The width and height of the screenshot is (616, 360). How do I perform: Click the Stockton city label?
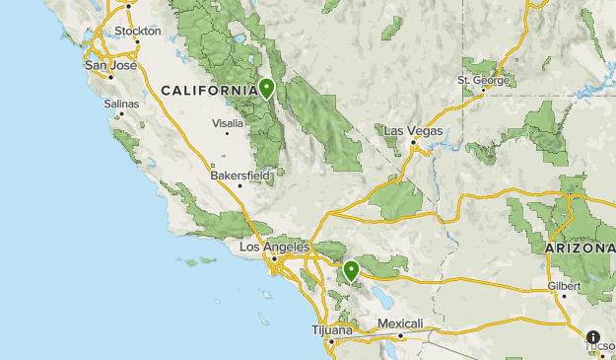pos(137,32)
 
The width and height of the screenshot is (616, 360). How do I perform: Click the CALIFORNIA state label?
pos(208,91)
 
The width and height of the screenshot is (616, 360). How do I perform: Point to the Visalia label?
pos(228,123)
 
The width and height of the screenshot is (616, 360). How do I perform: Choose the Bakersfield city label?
pos(240,176)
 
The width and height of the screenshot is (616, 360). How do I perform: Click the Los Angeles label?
pos(275,247)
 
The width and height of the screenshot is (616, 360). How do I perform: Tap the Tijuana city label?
pos(331,329)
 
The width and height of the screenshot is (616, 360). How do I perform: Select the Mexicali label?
pos(401,324)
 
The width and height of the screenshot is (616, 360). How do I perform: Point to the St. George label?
pos(482,80)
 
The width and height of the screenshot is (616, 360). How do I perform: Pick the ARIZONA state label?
pos(579,249)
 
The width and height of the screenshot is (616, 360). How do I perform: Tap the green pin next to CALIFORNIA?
pos(267,89)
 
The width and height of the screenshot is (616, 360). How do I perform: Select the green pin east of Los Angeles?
pos(351,269)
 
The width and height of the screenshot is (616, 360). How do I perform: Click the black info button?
pos(593,337)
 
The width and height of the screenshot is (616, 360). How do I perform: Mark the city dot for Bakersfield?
pos(239,185)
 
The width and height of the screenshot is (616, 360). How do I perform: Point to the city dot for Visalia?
pos(228,133)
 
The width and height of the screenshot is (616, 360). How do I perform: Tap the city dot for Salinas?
pos(121,112)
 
